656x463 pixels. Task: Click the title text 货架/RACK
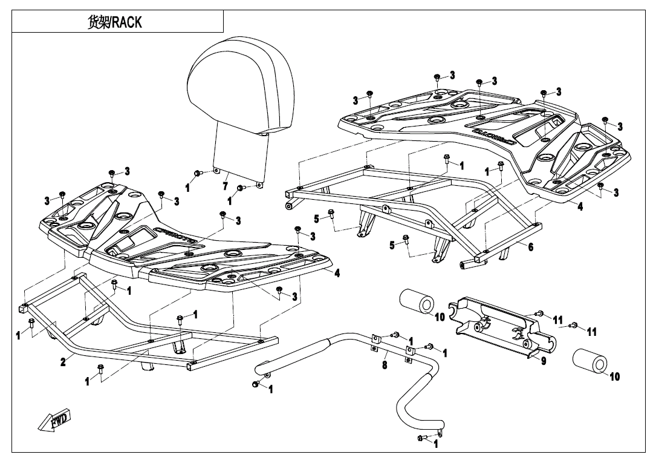115,23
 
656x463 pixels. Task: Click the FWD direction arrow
55,421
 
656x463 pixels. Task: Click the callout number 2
63,362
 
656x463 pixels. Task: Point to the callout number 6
531,247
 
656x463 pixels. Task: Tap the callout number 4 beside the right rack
580,206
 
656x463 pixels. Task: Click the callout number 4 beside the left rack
337,273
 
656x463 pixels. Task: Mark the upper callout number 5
316,218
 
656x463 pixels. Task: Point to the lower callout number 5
392,245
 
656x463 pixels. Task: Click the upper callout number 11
557,319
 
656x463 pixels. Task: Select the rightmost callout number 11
592,332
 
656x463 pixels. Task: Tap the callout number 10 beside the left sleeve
440,317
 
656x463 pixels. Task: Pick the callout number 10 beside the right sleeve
614,376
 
